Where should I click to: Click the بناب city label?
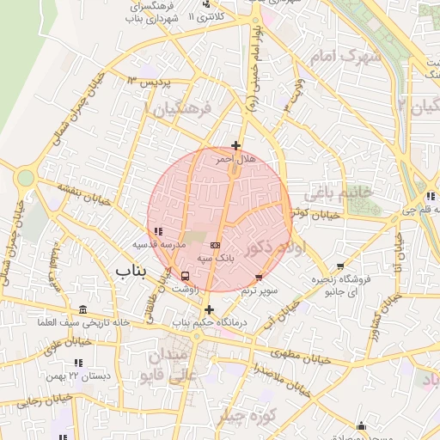coord(132,272)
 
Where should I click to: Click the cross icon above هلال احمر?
coord(236,146)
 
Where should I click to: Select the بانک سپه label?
coord(216,257)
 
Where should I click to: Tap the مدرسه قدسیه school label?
coord(157,244)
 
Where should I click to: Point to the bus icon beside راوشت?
coord(186,276)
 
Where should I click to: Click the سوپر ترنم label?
coord(260,290)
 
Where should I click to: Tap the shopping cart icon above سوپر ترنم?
coord(260,278)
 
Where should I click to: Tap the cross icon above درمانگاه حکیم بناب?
coord(209,309)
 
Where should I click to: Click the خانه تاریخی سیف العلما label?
coord(82,322)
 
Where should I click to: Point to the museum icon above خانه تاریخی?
coord(82,309)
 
